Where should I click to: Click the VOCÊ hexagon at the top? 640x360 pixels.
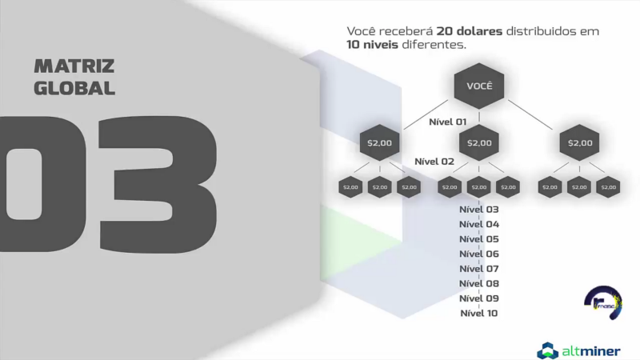[478, 86]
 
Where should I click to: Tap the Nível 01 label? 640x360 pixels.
[448, 122]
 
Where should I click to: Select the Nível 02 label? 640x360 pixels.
[434, 162]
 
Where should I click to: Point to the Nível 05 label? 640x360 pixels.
[478, 239]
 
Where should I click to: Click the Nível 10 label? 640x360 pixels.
[478, 313]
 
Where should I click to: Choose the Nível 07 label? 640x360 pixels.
[478, 269]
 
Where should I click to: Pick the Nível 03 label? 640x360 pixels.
[478, 210]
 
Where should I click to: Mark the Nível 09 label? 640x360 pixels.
[478, 298]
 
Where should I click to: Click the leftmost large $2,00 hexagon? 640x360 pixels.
[379, 143]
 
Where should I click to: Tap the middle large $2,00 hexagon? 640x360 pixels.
[478, 143]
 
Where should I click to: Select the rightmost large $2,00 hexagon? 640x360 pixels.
[579, 143]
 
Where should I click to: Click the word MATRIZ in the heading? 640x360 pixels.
[74, 66]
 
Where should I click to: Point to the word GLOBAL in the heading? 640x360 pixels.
[74, 88]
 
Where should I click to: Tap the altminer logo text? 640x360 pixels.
[591, 350]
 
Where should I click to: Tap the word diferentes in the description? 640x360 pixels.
[435, 46]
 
